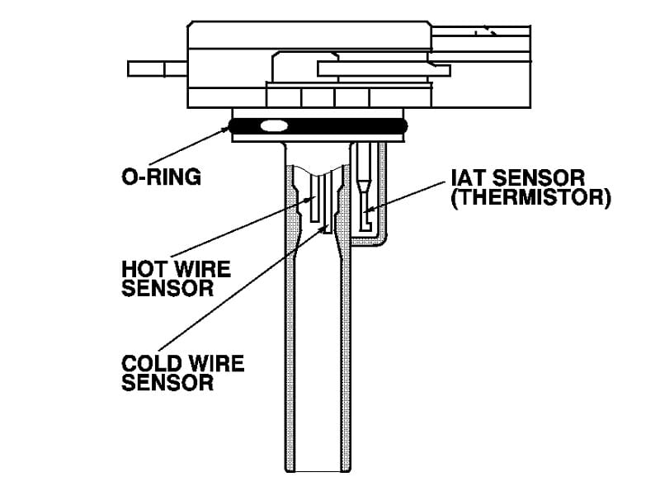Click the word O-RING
tap(161, 177)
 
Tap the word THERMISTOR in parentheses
tap(530, 197)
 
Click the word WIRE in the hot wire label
tap(202, 269)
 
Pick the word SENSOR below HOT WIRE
tap(167, 289)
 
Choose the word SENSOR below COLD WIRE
tap(167, 383)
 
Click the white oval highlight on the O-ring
tap(275, 125)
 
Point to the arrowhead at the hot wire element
tap(312, 198)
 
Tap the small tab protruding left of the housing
tap(158, 68)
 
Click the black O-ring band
tap(318, 125)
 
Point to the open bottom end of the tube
tap(318, 471)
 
